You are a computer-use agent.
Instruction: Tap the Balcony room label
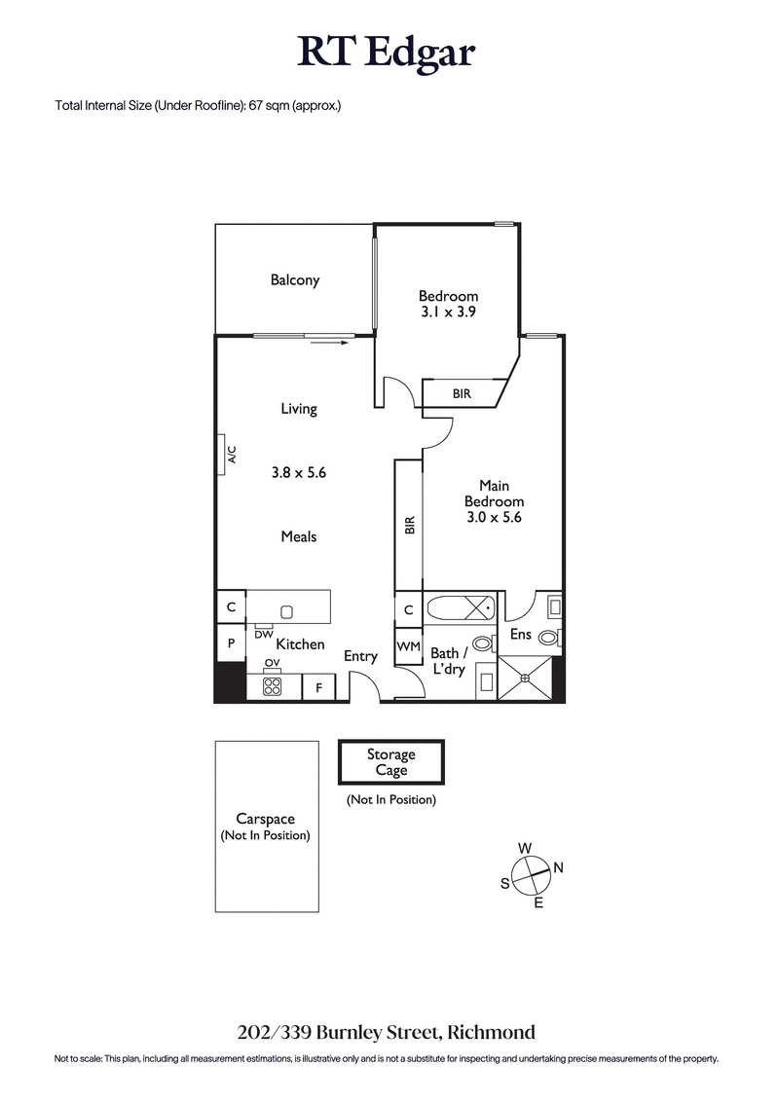295,280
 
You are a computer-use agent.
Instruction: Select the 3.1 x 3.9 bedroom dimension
448,312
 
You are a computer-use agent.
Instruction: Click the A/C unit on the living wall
223,455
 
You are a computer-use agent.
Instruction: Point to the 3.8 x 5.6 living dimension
298,473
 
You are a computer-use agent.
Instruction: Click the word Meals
299,536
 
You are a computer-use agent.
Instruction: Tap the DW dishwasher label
263,635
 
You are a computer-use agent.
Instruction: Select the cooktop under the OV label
272,686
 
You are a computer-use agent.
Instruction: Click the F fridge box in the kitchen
318,687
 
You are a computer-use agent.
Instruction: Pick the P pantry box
231,643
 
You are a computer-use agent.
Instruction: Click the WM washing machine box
408,647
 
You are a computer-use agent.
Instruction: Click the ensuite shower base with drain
524,676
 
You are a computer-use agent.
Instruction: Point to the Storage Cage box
390,762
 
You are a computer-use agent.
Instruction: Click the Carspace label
266,820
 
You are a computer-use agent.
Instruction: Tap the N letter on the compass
558,866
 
